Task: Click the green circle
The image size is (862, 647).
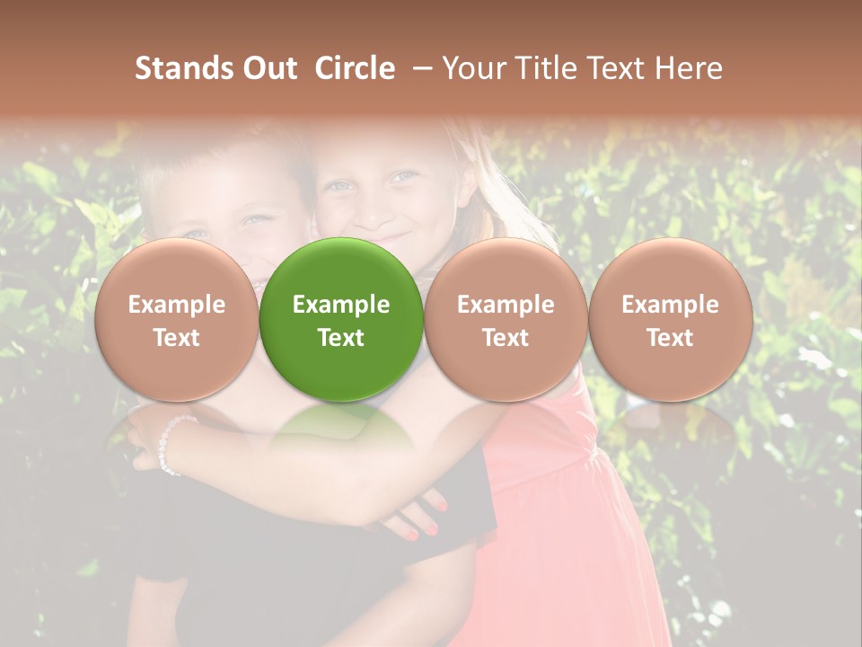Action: click(341, 319)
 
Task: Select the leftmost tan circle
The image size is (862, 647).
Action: click(176, 319)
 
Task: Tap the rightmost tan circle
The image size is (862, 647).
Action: click(670, 319)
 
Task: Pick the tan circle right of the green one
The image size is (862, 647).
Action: click(506, 319)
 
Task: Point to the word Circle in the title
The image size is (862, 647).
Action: click(355, 68)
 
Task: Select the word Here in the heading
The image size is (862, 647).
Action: click(690, 68)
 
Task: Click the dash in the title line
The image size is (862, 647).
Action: click(420, 68)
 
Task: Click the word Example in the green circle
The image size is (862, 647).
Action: click(341, 305)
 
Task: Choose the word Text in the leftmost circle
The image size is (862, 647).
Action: click(176, 338)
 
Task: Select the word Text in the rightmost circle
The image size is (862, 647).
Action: click(670, 338)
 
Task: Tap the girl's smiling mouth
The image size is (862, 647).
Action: click(392, 242)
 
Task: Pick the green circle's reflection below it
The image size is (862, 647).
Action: click(341, 427)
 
